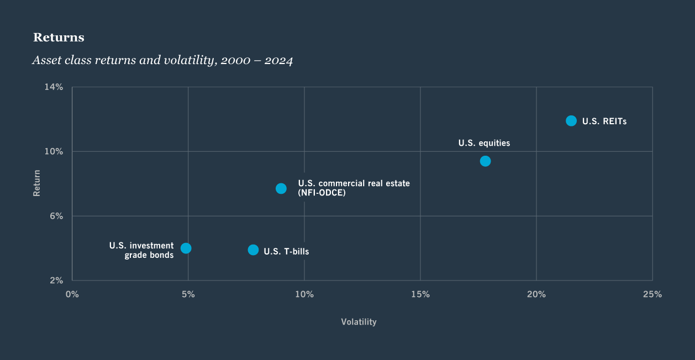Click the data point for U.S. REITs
tap(571, 121)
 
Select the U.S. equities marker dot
tap(485, 161)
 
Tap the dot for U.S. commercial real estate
tap(281, 188)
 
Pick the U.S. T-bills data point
tap(253, 250)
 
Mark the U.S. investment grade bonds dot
tap(186, 248)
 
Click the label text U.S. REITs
tap(604, 121)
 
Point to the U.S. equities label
tap(484, 143)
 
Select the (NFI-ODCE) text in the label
tap(322, 193)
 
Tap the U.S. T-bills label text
tap(286, 252)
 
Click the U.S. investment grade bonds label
tap(141, 250)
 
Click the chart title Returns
tap(59, 38)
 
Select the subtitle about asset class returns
tap(162, 60)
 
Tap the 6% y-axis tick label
tap(57, 216)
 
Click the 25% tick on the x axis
tap(652, 294)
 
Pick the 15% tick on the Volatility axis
tap(420, 294)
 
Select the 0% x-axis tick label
tap(72, 294)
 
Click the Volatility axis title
tap(359, 322)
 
